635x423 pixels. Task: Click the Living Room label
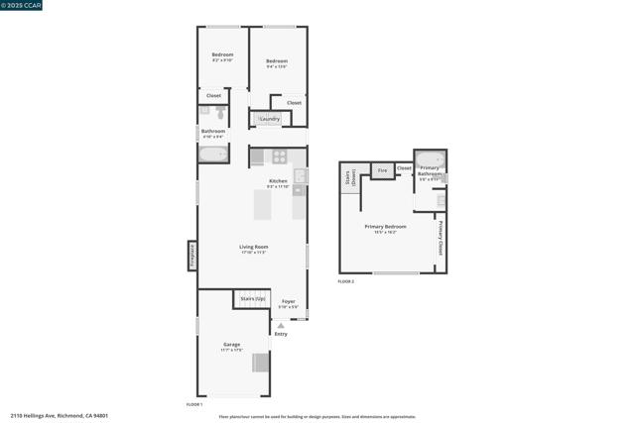[x=254, y=247]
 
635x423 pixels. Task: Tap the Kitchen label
[x=278, y=181]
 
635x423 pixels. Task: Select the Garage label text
[x=231, y=345]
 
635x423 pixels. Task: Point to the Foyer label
[x=288, y=301]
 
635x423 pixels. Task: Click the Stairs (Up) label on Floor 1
[x=253, y=298]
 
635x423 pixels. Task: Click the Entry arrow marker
[x=281, y=325]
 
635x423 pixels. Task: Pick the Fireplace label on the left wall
[x=192, y=256]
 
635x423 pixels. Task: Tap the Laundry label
[x=269, y=119]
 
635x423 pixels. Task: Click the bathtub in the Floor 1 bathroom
[x=213, y=155]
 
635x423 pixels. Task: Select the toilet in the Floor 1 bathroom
[x=220, y=113]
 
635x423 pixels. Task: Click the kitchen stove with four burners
[x=280, y=157]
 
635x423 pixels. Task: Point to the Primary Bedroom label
[x=385, y=227]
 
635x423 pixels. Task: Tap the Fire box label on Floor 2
[x=382, y=170]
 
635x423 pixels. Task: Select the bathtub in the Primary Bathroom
[x=430, y=159]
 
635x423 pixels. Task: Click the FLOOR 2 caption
[x=345, y=282]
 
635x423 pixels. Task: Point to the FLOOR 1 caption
[x=194, y=405]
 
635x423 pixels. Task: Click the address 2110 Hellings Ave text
[x=59, y=416]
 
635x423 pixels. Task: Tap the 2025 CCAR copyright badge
[x=22, y=5]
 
